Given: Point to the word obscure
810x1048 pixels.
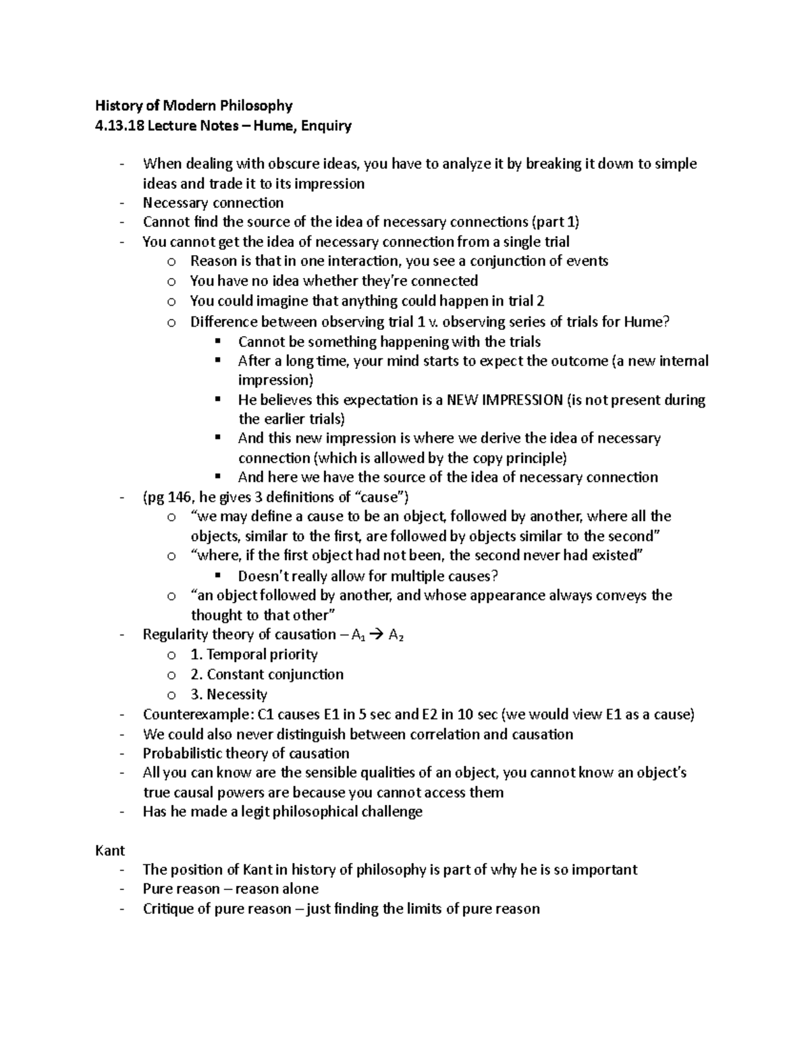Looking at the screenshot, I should [293, 164].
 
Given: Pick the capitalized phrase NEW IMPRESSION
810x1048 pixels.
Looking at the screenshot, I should [504, 399].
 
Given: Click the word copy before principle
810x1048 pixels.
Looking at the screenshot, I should [488, 458].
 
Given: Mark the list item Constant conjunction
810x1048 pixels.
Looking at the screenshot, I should [267, 674].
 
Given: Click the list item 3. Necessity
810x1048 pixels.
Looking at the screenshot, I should [229, 694].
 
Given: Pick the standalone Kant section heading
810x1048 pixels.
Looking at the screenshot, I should [109, 850].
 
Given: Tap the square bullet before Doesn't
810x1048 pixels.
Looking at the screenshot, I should [217, 576].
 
